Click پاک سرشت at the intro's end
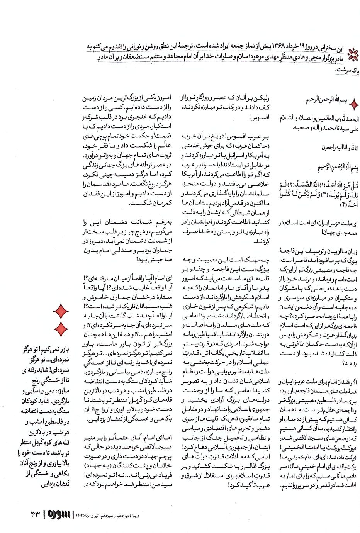coord(348,70)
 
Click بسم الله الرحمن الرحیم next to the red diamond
coord(326,100)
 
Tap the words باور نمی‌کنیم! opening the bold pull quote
coord(56,350)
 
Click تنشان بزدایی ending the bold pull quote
coord(55,484)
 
